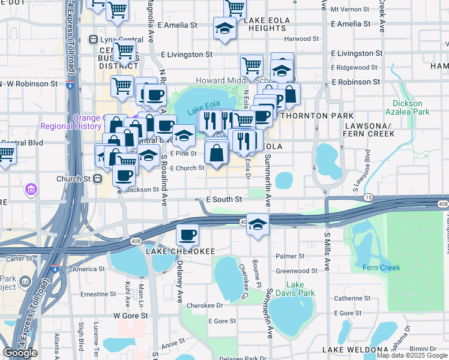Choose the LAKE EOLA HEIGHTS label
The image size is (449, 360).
point(267,24)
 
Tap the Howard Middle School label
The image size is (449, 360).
point(227,80)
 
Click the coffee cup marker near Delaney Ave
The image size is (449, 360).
point(187,235)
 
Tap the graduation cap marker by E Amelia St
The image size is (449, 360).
point(224,28)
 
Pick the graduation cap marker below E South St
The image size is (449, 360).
point(258,224)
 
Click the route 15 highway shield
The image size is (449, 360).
point(369,197)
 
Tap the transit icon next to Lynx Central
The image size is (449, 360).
point(93,39)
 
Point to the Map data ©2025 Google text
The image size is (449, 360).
point(412,355)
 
